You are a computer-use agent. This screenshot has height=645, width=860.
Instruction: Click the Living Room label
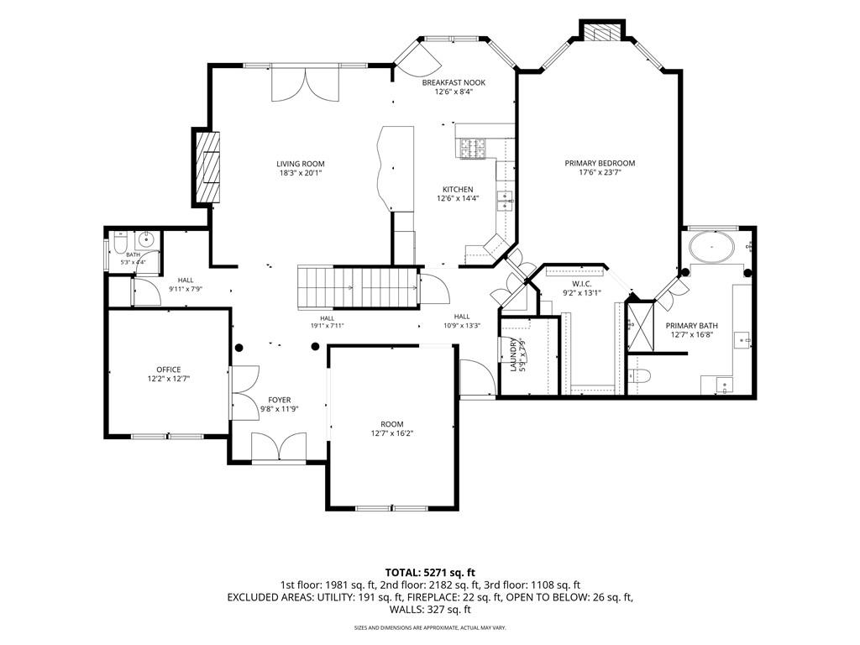pyautogui.click(x=300, y=164)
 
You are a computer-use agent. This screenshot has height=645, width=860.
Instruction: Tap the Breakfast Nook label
pyautogui.click(x=454, y=83)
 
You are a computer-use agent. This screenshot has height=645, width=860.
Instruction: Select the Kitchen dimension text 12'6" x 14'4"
pyautogui.click(x=458, y=198)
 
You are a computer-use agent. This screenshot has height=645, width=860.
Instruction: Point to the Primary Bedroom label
pyautogui.click(x=600, y=163)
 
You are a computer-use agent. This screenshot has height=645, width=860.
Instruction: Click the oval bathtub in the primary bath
pyautogui.click(x=712, y=248)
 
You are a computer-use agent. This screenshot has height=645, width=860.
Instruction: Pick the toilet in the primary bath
pyautogui.click(x=639, y=376)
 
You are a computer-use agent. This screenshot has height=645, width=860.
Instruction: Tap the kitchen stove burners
pyautogui.click(x=473, y=149)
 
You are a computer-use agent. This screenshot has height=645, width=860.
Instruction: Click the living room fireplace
pyautogui.click(x=207, y=167)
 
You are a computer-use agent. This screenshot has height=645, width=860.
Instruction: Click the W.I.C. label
pyautogui.click(x=581, y=284)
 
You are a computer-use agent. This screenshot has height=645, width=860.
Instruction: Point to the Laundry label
pyautogui.click(x=513, y=355)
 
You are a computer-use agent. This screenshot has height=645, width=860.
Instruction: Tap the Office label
pyautogui.click(x=168, y=370)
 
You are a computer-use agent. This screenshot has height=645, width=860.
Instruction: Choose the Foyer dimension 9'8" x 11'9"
pyautogui.click(x=279, y=409)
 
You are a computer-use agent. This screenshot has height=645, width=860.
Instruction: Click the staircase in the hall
pyautogui.click(x=358, y=287)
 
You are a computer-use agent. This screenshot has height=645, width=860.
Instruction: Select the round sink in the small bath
pyautogui.click(x=146, y=239)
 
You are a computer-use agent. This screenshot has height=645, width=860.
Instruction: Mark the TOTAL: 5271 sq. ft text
pyautogui.click(x=430, y=574)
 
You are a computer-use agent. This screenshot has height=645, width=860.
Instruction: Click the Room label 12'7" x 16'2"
pyautogui.click(x=391, y=428)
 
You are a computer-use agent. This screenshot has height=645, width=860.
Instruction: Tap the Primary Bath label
pyautogui.click(x=692, y=325)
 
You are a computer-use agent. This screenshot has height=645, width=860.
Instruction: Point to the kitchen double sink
pyautogui.click(x=505, y=201)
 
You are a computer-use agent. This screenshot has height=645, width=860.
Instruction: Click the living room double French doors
pyautogui.click(x=306, y=83)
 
